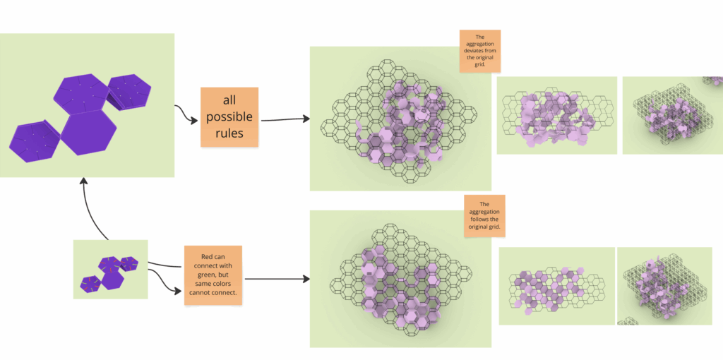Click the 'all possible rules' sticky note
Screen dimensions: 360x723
tap(229, 117)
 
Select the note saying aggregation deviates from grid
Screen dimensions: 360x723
tap(479, 51)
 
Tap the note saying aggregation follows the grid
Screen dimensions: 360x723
tap(484, 216)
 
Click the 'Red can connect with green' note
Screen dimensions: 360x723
tap(213, 275)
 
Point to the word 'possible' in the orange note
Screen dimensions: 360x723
tap(229, 116)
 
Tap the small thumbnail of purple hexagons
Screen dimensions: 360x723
tap(110, 269)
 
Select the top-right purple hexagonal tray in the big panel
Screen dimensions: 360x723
tap(129, 90)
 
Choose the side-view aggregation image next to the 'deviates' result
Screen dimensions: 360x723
tap(556, 115)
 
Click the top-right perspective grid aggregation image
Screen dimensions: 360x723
tap(671, 115)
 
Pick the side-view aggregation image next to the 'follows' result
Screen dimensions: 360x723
tap(556, 286)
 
